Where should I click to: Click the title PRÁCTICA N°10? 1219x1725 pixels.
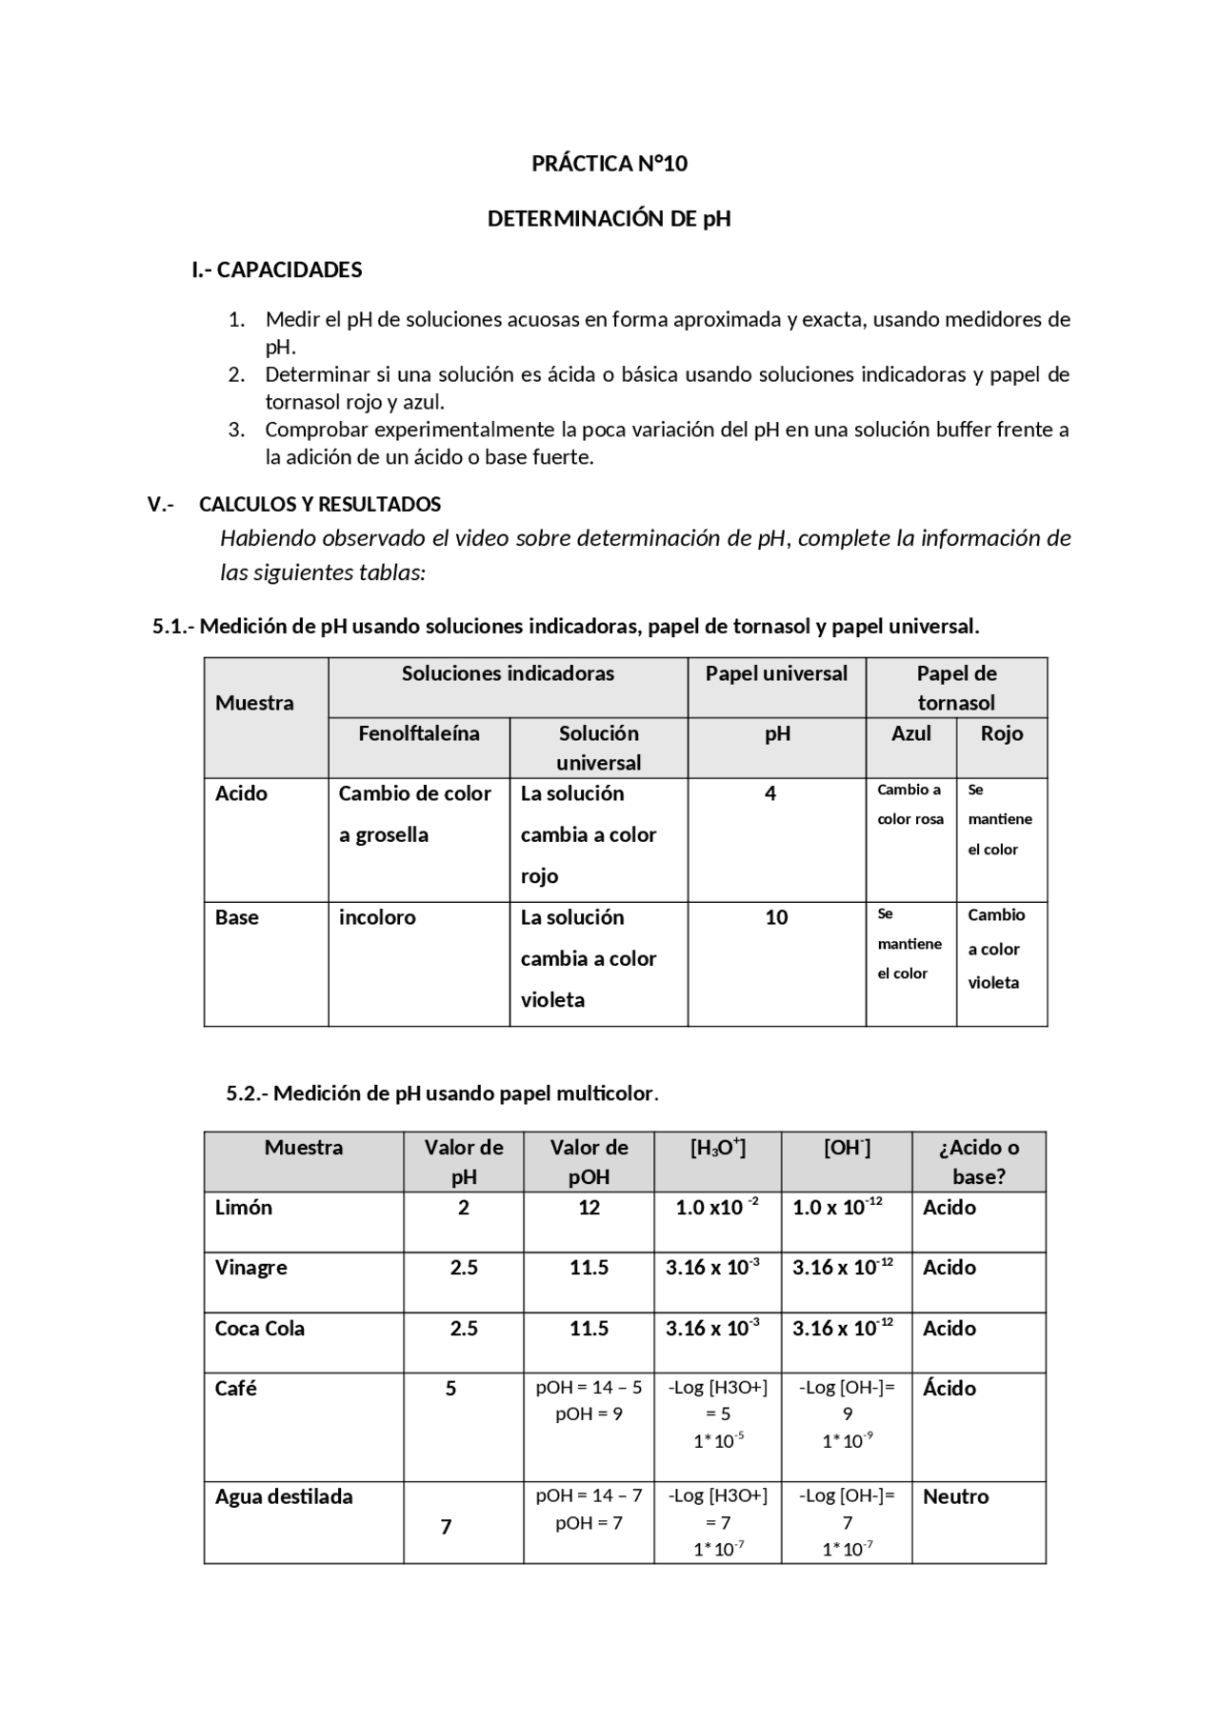(x=609, y=164)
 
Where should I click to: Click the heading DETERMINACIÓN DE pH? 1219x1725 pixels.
(x=609, y=219)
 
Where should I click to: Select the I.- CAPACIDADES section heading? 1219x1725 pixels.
(x=276, y=271)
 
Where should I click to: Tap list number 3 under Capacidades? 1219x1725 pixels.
(x=236, y=430)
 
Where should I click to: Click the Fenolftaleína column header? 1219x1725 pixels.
(x=418, y=733)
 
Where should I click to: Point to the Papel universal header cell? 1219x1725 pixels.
(x=776, y=674)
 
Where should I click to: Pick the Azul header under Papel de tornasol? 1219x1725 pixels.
(x=910, y=733)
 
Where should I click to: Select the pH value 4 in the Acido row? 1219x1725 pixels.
(x=769, y=793)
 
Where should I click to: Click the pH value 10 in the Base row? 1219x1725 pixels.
(x=776, y=917)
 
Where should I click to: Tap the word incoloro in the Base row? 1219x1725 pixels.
(x=377, y=917)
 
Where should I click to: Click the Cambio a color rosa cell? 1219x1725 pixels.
(x=910, y=805)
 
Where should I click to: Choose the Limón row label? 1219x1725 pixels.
(x=244, y=1208)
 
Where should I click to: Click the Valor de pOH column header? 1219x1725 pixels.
(x=589, y=1162)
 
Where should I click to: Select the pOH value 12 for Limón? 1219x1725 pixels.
(x=589, y=1208)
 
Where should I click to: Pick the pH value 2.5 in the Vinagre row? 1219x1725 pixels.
(x=464, y=1268)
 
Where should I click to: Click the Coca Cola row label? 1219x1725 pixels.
(x=260, y=1329)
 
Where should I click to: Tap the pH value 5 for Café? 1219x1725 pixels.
(x=451, y=1389)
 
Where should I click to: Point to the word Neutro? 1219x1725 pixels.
(x=955, y=1496)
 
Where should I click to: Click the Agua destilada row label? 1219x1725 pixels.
(x=284, y=1496)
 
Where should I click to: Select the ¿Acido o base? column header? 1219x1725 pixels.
(x=979, y=1162)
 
